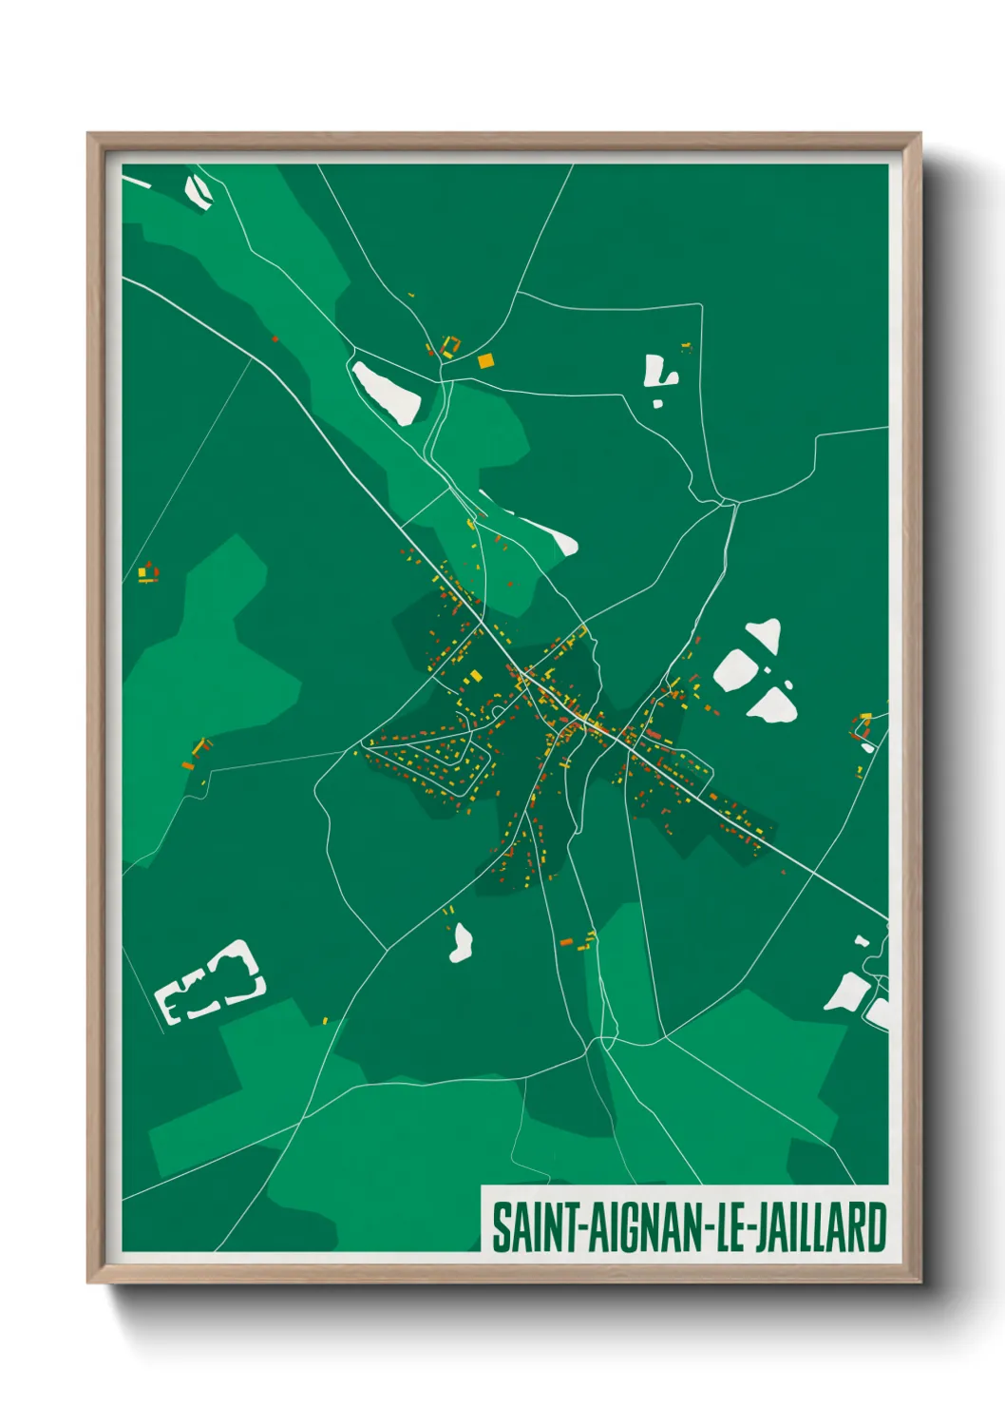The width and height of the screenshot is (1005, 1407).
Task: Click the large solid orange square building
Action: click(x=485, y=360)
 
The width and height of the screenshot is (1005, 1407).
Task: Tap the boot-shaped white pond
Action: click(x=657, y=372)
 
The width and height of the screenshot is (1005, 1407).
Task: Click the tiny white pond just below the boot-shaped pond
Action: click(x=657, y=404)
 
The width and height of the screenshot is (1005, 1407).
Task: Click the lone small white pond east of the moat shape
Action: click(x=462, y=943)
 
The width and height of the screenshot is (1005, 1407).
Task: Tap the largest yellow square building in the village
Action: click(x=475, y=676)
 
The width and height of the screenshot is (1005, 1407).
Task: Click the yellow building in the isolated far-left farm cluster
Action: click(x=143, y=572)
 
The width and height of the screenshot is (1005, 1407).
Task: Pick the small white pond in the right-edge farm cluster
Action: click(x=867, y=747)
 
